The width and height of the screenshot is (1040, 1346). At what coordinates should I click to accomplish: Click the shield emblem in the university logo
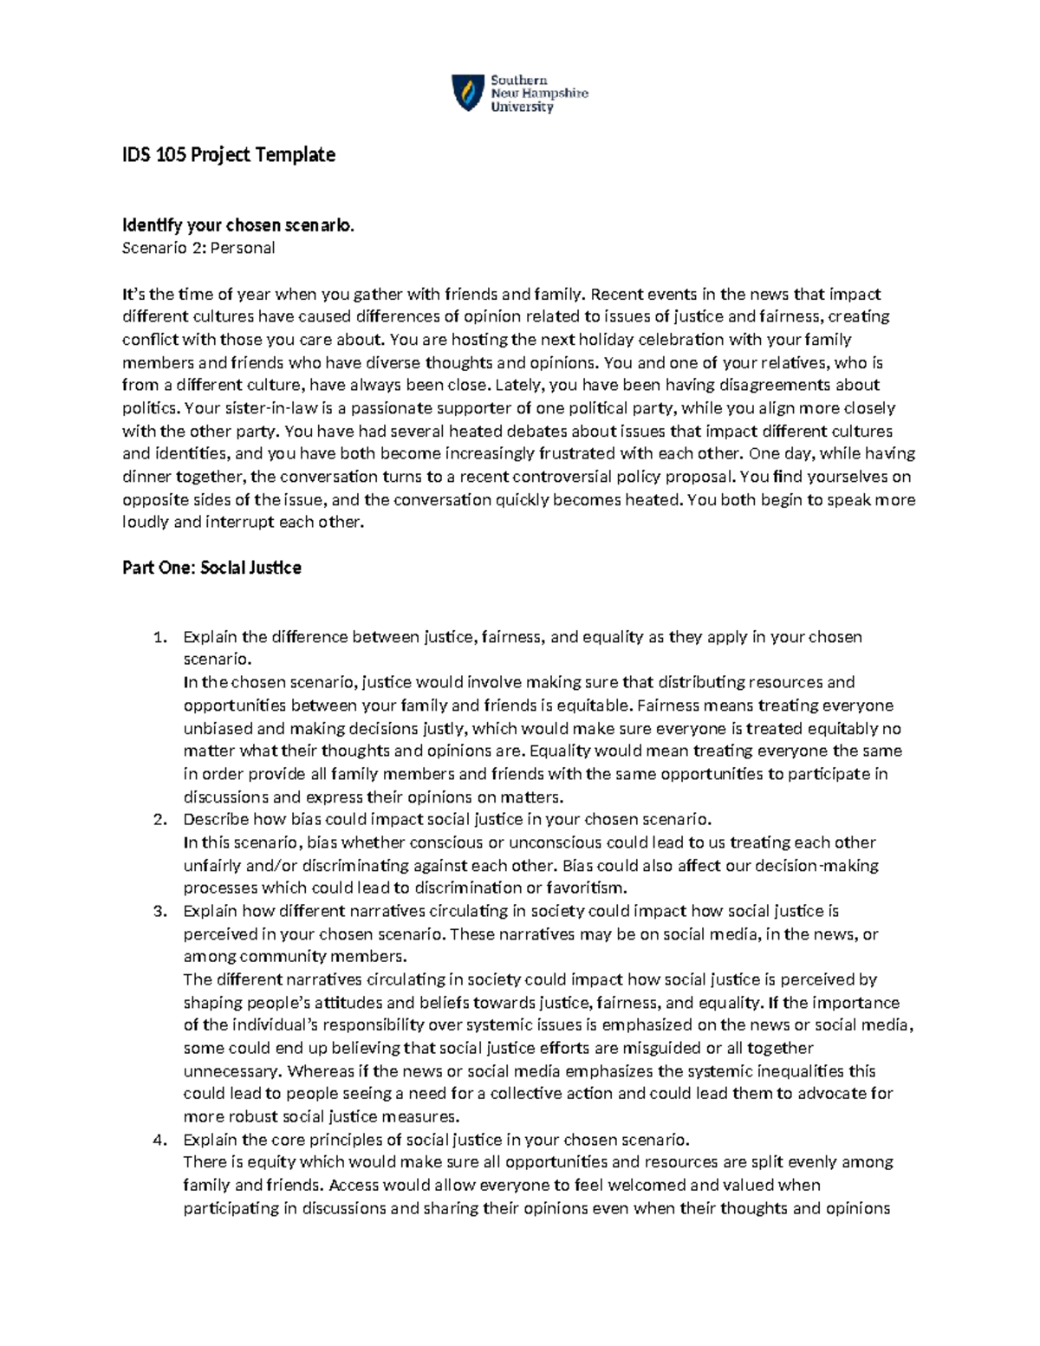pyautogui.click(x=468, y=93)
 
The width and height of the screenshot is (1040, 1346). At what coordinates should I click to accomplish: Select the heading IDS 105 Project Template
pyautogui.click(x=229, y=155)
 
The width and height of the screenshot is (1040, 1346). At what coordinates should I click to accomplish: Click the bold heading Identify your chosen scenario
pyautogui.click(x=238, y=225)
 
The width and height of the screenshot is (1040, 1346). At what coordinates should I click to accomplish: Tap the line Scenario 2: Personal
pyautogui.click(x=198, y=248)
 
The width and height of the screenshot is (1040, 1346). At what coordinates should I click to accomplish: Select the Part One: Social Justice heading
pyautogui.click(x=211, y=569)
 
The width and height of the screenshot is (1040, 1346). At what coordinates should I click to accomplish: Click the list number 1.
pyautogui.click(x=159, y=638)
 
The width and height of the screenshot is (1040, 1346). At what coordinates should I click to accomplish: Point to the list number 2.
pyautogui.click(x=159, y=820)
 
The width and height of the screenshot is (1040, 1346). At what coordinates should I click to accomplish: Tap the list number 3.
pyautogui.click(x=159, y=912)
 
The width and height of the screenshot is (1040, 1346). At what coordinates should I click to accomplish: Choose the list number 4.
pyautogui.click(x=159, y=1140)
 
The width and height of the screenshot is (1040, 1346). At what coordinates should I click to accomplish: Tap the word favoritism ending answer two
pyautogui.click(x=587, y=888)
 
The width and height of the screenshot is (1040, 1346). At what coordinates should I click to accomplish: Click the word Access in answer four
pyautogui.click(x=354, y=1186)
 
